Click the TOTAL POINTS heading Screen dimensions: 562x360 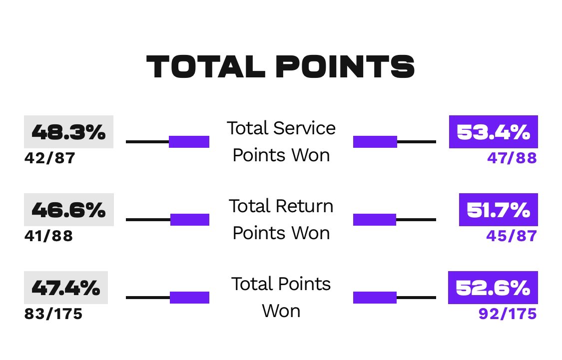280,66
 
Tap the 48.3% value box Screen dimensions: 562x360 69,132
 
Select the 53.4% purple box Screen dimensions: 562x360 493,132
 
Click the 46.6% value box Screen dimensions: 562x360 69,210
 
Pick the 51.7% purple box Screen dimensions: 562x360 498,210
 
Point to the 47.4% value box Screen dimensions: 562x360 66,288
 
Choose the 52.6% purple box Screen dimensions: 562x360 493,288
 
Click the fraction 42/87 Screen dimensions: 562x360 50,158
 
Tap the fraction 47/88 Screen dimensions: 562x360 512,158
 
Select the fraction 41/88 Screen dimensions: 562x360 49,236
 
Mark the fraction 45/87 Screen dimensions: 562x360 512,236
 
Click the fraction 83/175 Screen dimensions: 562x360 53,314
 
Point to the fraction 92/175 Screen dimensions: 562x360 508,314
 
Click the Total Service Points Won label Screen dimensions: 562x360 281,141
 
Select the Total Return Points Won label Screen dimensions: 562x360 281,219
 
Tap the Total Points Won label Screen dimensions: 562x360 281,297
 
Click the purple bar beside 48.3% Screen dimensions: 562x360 189,142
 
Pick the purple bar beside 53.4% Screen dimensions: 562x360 375,142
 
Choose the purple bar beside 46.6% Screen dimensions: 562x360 190,220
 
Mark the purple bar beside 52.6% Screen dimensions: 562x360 375,298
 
